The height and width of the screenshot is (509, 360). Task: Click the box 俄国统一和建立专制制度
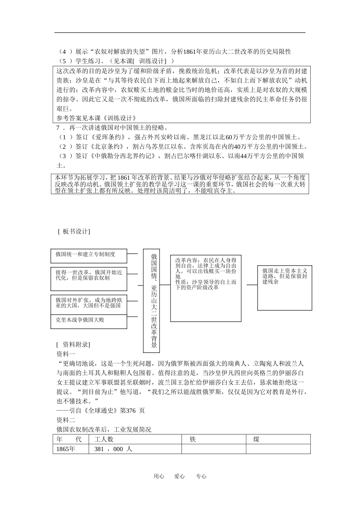click(89, 256)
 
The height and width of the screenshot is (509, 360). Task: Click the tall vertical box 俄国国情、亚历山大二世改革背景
click(153, 301)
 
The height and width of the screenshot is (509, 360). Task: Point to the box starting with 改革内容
click(206, 288)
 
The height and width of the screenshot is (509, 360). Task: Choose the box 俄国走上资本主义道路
click(285, 288)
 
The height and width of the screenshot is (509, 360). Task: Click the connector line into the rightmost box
click(252, 285)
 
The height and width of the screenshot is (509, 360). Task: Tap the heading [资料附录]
click(73, 345)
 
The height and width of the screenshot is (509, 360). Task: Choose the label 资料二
click(66, 420)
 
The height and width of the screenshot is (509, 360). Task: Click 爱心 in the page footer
click(180, 476)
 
